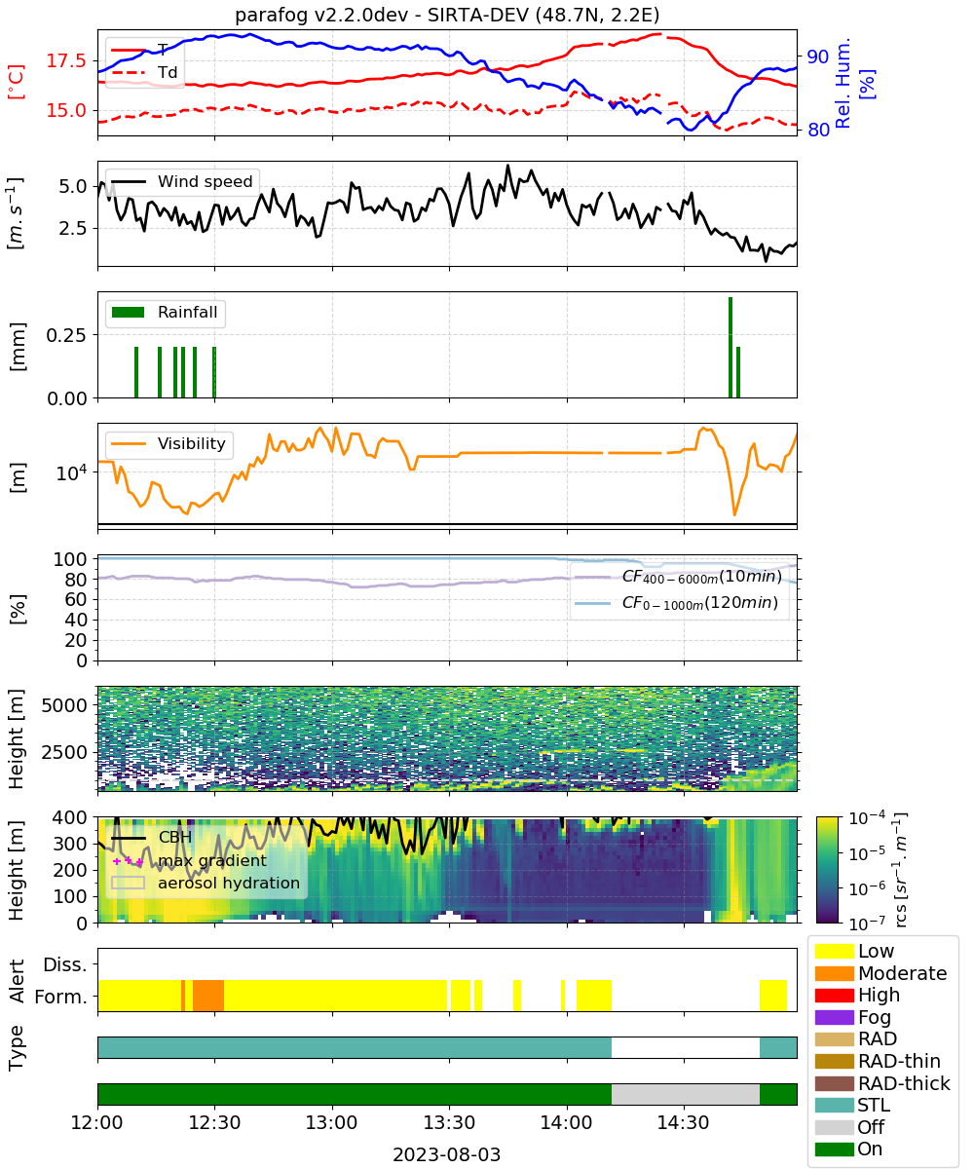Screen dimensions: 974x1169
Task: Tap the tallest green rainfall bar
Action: (x=730, y=347)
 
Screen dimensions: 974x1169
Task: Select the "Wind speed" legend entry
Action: (x=182, y=181)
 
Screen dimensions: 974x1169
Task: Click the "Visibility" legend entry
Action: (x=168, y=443)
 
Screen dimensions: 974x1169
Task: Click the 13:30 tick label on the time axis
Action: (x=449, y=1122)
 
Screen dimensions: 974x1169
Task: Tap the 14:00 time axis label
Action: (x=567, y=1122)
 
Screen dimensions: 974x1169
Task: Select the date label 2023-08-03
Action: (x=447, y=1154)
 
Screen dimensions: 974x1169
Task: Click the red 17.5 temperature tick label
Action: (x=66, y=60)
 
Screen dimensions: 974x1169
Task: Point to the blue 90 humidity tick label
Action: (x=817, y=57)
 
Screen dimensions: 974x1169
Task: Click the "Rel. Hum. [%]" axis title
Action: (x=853, y=84)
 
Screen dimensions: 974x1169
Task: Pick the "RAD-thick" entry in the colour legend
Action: (x=882, y=1083)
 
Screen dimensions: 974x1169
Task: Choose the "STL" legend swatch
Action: (x=834, y=1105)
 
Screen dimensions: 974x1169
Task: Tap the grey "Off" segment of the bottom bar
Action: (x=685, y=1095)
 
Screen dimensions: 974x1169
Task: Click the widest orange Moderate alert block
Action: (x=208, y=996)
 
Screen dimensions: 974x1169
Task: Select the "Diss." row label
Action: (x=65, y=964)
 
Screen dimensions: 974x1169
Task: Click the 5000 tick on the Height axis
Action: (x=64, y=705)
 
